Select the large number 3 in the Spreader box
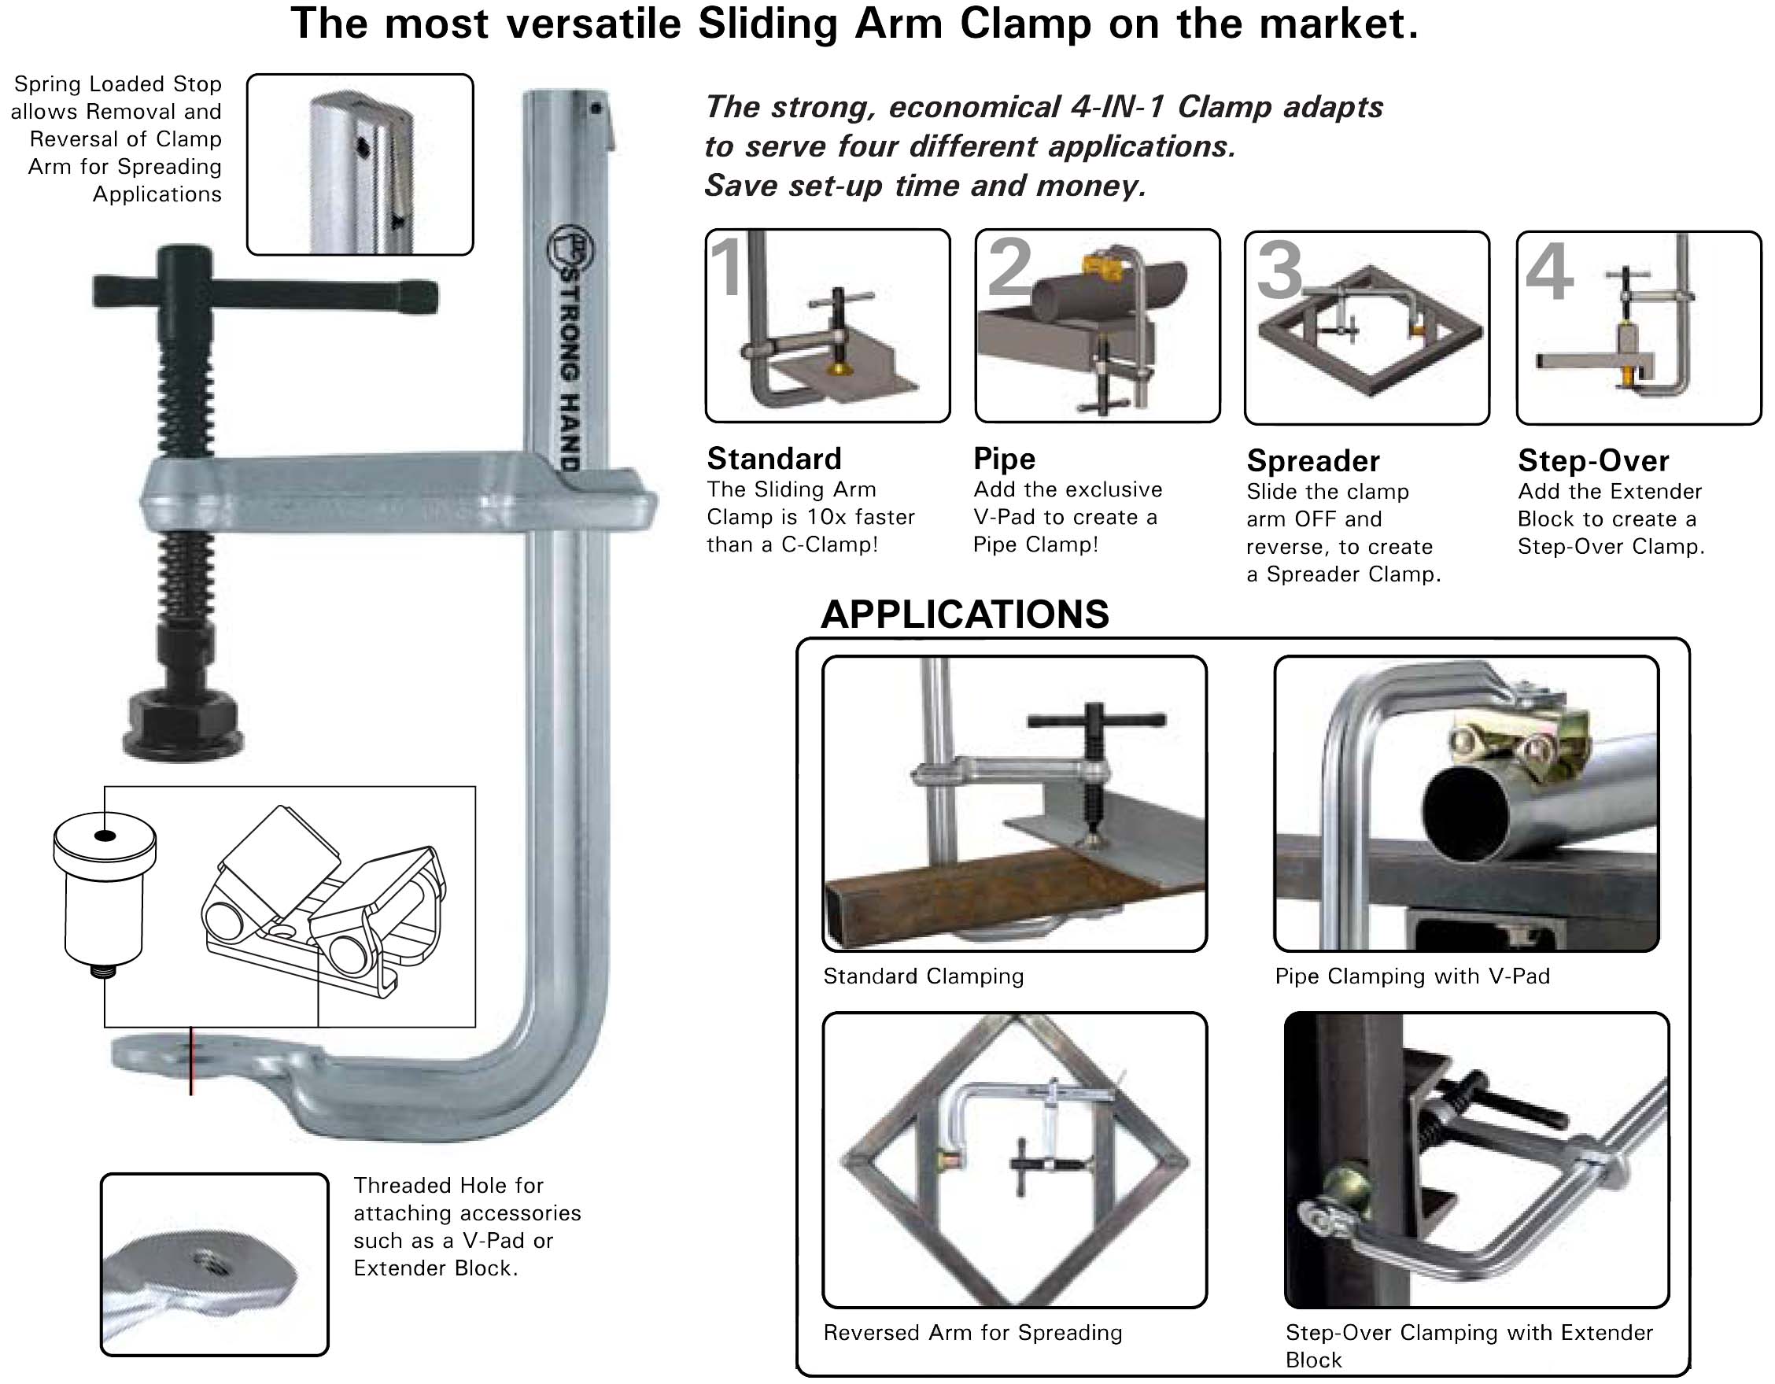(x=1279, y=271)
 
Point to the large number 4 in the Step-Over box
(x=1549, y=272)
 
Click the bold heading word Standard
(x=773, y=459)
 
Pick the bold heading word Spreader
(x=1312, y=461)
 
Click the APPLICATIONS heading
(x=964, y=614)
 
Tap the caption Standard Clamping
(x=923, y=976)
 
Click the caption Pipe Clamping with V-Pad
(x=1412, y=976)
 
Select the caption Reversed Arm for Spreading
(x=972, y=1333)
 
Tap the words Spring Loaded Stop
(x=118, y=83)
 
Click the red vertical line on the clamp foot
(x=191, y=1061)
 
